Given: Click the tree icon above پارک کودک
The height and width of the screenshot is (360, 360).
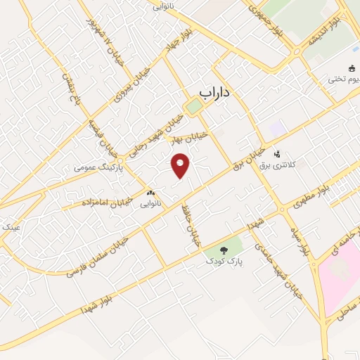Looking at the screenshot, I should pos(223,249).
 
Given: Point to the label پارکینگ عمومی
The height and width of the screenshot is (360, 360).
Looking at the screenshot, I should pos(100,169).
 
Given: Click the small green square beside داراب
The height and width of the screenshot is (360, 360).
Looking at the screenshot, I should pos(193,106).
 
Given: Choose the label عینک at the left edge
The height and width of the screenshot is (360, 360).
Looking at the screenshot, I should pos(11,228).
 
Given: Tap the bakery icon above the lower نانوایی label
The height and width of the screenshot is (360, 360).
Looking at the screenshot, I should pos(150,192).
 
